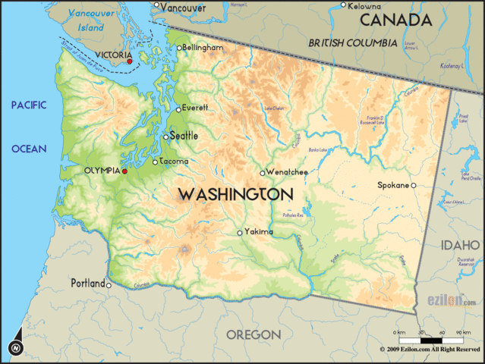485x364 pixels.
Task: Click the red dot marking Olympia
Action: (124, 171)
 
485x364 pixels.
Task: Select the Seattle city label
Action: (184, 136)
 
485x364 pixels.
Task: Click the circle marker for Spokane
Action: (414, 185)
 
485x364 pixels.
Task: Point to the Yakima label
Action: (259, 232)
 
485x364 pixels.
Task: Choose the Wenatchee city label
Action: (288, 172)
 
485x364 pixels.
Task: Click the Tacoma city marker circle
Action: (156, 162)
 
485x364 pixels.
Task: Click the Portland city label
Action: (88, 284)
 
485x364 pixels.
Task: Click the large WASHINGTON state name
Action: (235, 195)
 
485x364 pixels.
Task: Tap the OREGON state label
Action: (254, 334)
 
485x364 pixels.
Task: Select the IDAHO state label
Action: (459, 245)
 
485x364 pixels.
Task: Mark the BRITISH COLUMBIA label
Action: (352, 43)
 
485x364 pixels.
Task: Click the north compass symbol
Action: (15, 347)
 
